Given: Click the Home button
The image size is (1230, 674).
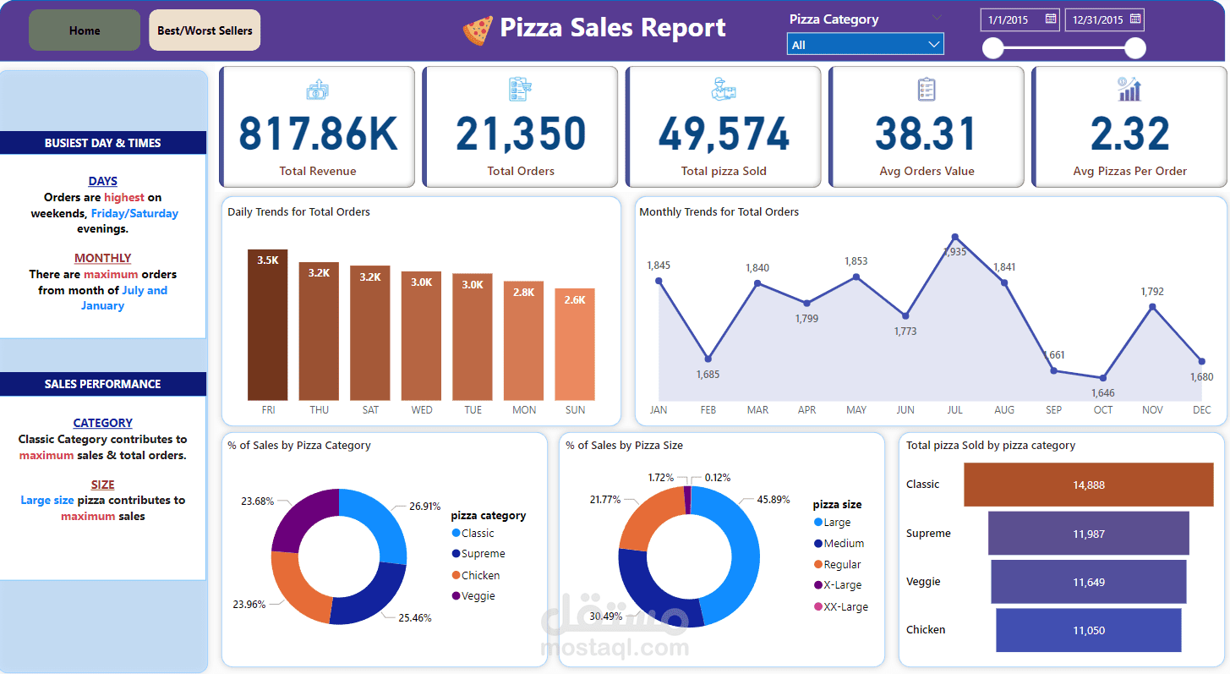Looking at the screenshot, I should click(x=85, y=30).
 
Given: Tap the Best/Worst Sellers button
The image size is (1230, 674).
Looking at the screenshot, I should click(x=205, y=30).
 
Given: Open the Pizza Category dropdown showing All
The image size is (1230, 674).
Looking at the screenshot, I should click(x=865, y=45).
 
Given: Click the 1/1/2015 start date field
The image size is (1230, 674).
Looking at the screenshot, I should click(x=1020, y=19).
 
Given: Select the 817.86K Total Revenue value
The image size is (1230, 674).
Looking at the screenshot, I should click(x=318, y=133).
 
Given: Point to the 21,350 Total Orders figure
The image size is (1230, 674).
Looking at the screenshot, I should click(x=521, y=133).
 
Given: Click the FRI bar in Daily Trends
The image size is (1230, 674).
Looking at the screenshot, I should click(x=267, y=325).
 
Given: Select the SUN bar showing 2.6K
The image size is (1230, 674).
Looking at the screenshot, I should click(x=575, y=344).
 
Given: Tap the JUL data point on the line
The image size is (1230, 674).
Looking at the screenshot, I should click(x=954, y=238).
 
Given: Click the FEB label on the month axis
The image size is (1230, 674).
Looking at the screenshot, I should click(x=708, y=410).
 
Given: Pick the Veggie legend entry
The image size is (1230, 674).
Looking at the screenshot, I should click(x=478, y=596).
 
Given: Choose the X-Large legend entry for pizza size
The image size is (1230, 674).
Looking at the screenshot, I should click(x=842, y=585).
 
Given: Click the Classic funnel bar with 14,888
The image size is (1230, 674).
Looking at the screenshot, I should click(x=1088, y=485).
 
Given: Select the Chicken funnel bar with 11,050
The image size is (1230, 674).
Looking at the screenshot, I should click(x=1088, y=630).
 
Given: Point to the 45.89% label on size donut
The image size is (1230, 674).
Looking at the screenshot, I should click(x=774, y=500).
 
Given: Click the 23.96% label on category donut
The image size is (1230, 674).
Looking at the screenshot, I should click(x=249, y=605).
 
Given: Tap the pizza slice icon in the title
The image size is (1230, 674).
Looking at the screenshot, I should click(x=477, y=30).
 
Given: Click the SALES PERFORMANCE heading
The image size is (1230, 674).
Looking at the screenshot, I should click(x=102, y=384).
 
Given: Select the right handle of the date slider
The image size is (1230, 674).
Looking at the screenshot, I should click(x=1135, y=48).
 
